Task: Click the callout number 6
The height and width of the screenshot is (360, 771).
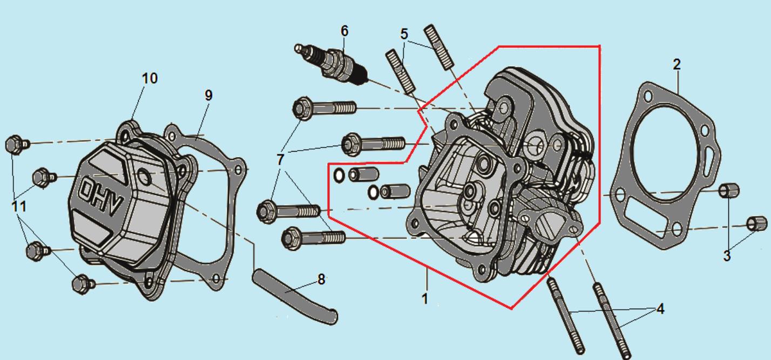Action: [x=344, y=31]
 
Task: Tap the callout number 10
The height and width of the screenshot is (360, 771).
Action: [x=150, y=78]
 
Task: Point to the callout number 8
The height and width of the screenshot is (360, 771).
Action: [x=321, y=279]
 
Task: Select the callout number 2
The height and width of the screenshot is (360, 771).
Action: [x=677, y=65]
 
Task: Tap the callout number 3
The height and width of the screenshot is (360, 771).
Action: [x=727, y=255]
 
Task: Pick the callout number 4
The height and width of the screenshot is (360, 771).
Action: [x=660, y=309]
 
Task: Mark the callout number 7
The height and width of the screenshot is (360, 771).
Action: [x=280, y=160]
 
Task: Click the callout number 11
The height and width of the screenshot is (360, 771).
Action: [x=19, y=206]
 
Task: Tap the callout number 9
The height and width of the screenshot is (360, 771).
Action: [x=208, y=96]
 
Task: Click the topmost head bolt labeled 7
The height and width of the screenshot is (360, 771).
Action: [x=324, y=108]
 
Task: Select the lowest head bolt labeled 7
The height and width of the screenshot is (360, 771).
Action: [x=313, y=237]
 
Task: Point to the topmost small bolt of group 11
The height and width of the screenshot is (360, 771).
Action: [x=16, y=145]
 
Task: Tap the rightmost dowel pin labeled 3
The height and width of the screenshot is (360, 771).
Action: [x=756, y=223]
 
